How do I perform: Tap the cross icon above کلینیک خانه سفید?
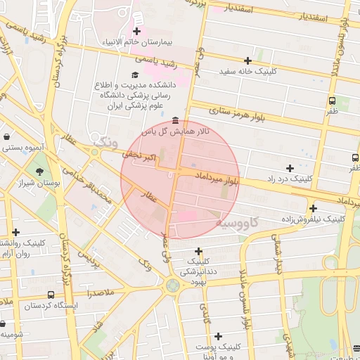pos(247,60)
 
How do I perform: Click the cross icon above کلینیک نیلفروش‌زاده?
pos(313,207)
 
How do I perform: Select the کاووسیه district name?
pos(237,223)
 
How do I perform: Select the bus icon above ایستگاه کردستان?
pos(50,295)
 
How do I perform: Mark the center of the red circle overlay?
pos(181,180)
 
